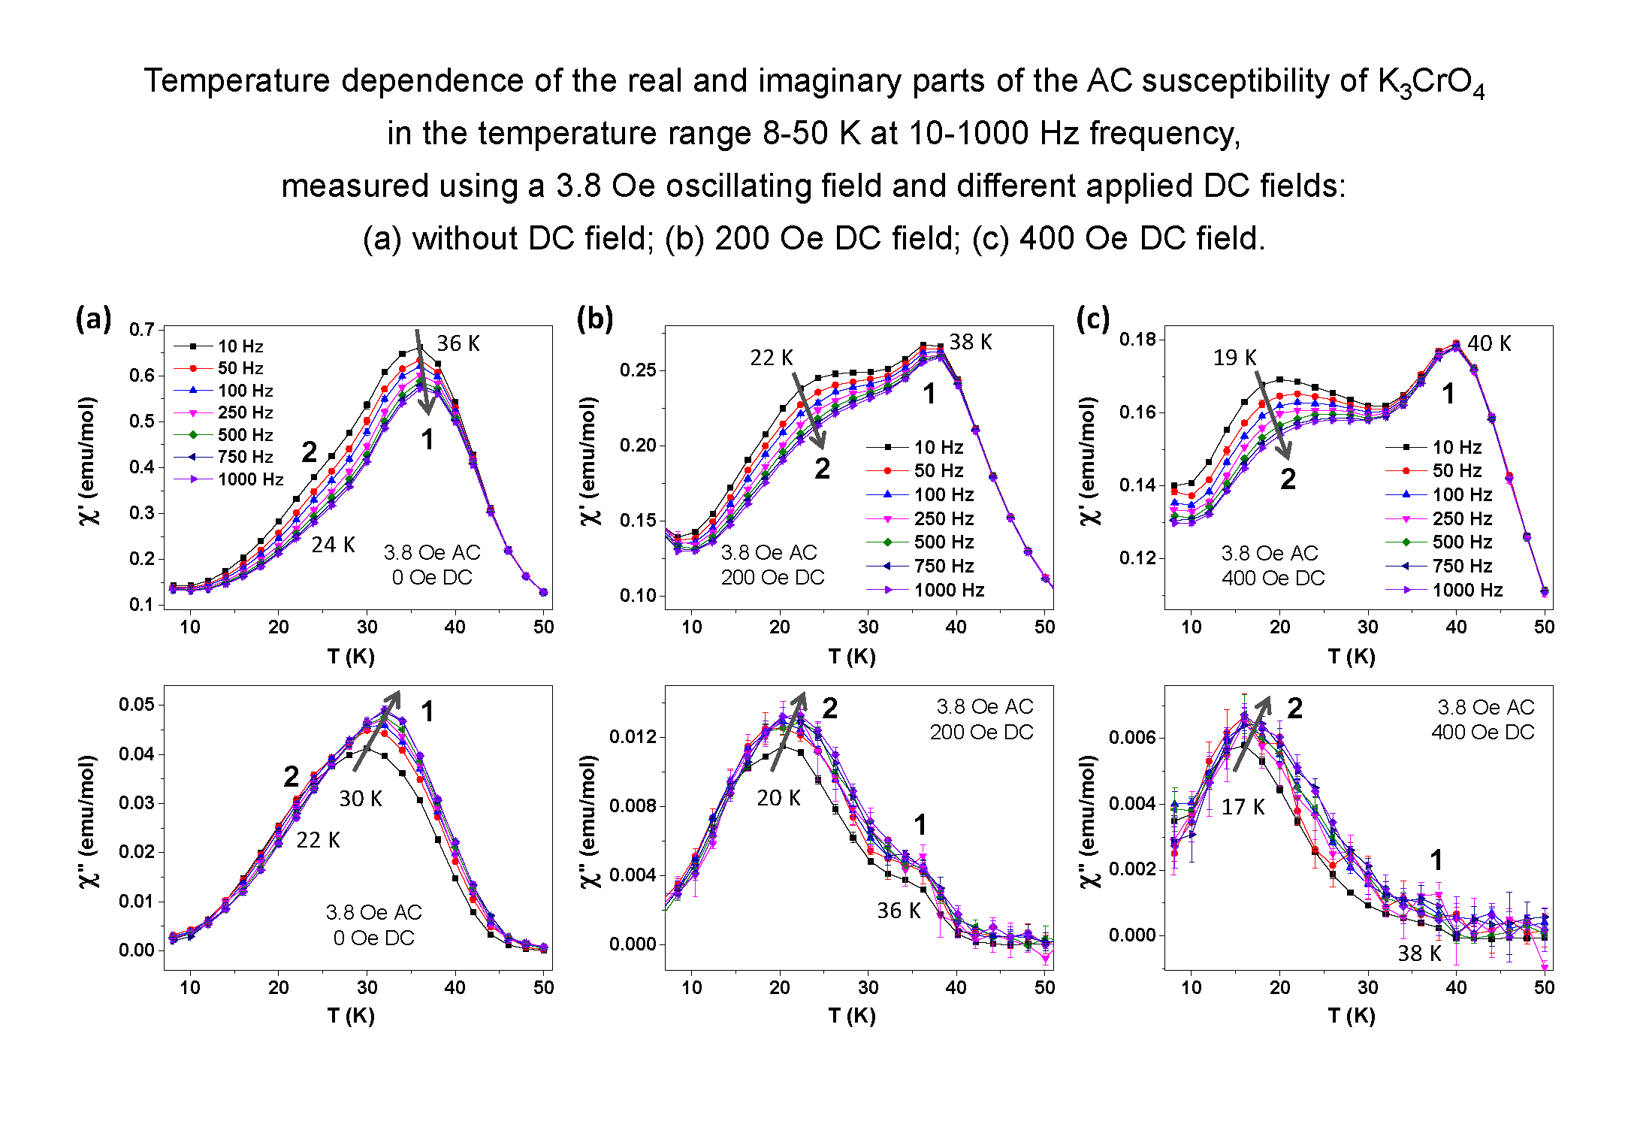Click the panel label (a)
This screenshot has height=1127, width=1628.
click(93, 319)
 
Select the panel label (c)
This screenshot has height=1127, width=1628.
click(1092, 319)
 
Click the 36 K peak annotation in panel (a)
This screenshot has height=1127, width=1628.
click(458, 343)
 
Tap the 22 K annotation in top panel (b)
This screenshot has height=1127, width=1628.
click(771, 358)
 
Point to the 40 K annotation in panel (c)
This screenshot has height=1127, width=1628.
click(1488, 343)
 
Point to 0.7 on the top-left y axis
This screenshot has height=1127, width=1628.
click(141, 330)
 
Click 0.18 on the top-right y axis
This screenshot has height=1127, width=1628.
click(1137, 340)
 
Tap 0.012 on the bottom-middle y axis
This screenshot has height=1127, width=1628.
click(633, 737)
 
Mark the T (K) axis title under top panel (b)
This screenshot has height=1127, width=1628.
click(851, 657)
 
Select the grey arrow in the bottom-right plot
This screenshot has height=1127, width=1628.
click(1252, 733)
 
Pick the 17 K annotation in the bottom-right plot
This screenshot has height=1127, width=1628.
click(1243, 807)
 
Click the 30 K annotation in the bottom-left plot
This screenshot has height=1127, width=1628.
click(361, 799)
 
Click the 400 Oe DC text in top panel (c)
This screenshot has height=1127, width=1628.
click(1273, 579)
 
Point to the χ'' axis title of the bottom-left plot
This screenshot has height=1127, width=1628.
click(88, 820)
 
